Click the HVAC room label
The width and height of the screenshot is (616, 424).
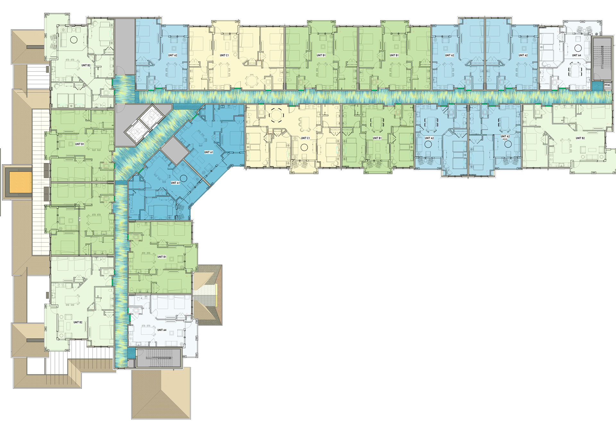click(607, 85)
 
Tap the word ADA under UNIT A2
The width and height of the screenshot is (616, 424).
click(505, 140)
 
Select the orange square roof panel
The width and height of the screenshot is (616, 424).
click(21, 182)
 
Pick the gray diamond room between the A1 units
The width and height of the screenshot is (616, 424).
click(174, 150)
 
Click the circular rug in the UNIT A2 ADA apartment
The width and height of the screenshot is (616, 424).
click(508, 144)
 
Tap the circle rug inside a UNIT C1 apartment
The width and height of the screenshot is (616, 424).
click(304, 148)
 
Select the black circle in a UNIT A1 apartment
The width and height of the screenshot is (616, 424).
click(184, 178)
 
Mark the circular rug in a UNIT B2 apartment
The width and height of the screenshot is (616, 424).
click(74, 40)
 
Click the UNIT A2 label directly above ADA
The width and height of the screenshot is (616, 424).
click(505, 136)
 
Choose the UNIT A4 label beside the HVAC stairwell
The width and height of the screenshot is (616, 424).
click(577, 55)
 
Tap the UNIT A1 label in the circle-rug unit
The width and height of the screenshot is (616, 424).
click(175, 183)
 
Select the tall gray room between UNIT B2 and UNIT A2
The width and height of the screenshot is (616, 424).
click(125, 47)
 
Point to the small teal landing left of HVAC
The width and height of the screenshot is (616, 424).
click(597, 86)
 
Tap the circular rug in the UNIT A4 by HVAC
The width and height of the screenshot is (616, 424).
click(578, 48)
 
